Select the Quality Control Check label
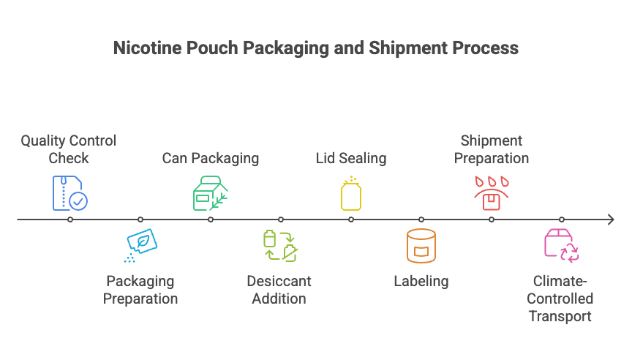click(68, 149)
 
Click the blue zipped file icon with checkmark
click(69, 192)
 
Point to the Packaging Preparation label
click(140, 290)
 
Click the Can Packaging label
click(210, 158)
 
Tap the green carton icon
click(210, 193)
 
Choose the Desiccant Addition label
click(279, 290)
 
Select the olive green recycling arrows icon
click(280, 246)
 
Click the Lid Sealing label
click(351, 158)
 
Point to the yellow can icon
click(351, 194)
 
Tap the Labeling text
click(421, 281)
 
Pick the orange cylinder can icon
click(421, 246)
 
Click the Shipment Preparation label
click(491, 149)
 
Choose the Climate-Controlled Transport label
click(560, 299)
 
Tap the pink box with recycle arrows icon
click(561, 245)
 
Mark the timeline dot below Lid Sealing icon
click(351, 220)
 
